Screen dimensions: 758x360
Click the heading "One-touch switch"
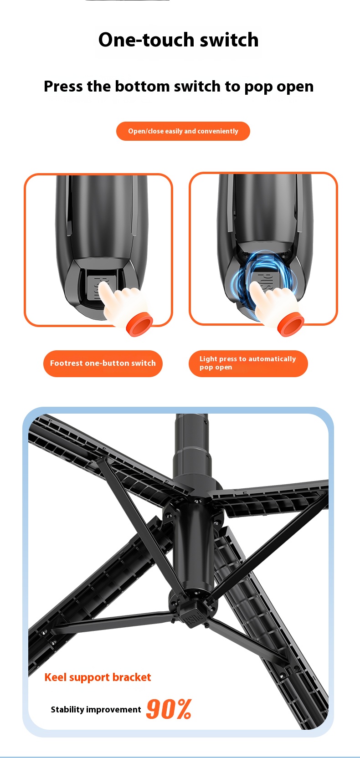point(178,40)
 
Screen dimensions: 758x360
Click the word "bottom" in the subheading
point(142,87)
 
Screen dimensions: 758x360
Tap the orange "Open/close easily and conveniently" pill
point(183,131)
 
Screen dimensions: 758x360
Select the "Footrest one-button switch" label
point(103,364)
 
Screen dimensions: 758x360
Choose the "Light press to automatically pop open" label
point(248,364)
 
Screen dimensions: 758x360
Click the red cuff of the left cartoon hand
point(139,324)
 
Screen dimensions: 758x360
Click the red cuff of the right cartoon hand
point(290,325)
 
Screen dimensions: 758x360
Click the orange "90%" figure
point(169,709)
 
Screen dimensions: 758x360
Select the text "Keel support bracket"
point(98,677)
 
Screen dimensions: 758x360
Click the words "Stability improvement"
point(96,710)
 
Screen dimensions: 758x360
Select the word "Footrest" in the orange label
point(67,364)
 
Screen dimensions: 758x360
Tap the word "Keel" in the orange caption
point(56,677)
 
